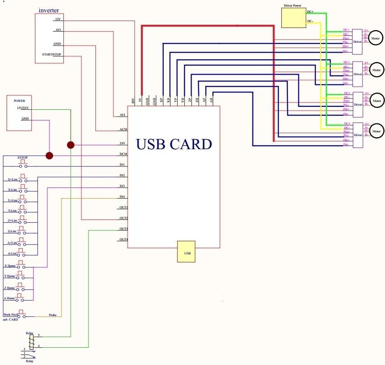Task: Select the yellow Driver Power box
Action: tap(293, 18)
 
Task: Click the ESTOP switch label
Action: tap(22, 158)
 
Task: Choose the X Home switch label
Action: tap(9, 266)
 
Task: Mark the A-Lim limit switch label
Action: tap(12, 253)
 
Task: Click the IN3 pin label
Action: tap(122, 186)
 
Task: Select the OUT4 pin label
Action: tap(123, 239)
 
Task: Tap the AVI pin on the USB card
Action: tap(122, 115)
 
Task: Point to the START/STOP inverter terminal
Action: tap(51, 54)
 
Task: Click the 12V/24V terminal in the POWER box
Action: tap(23, 108)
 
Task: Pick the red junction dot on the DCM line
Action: tap(49, 156)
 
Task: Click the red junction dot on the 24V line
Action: tap(71, 145)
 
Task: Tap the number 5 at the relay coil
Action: tap(39, 335)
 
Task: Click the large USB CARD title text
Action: tap(174, 144)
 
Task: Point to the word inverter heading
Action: tap(49, 9)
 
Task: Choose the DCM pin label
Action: tap(123, 154)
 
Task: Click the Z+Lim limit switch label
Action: tap(12, 221)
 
